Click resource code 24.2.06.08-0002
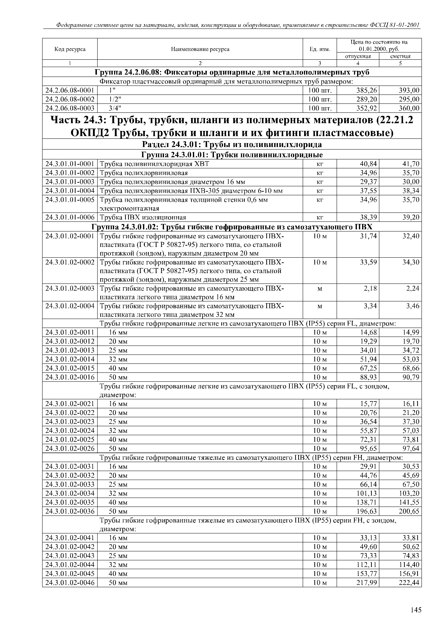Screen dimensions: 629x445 tap(70, 99)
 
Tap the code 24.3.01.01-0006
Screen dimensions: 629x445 tap(70, 217)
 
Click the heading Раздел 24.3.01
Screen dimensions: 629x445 tap(232, 144)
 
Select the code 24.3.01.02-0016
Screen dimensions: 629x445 tap(70, 377)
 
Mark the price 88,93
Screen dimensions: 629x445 tap(368, 377)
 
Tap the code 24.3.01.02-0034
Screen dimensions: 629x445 tap(70, 493)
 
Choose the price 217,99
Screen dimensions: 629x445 tap(367, 582)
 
